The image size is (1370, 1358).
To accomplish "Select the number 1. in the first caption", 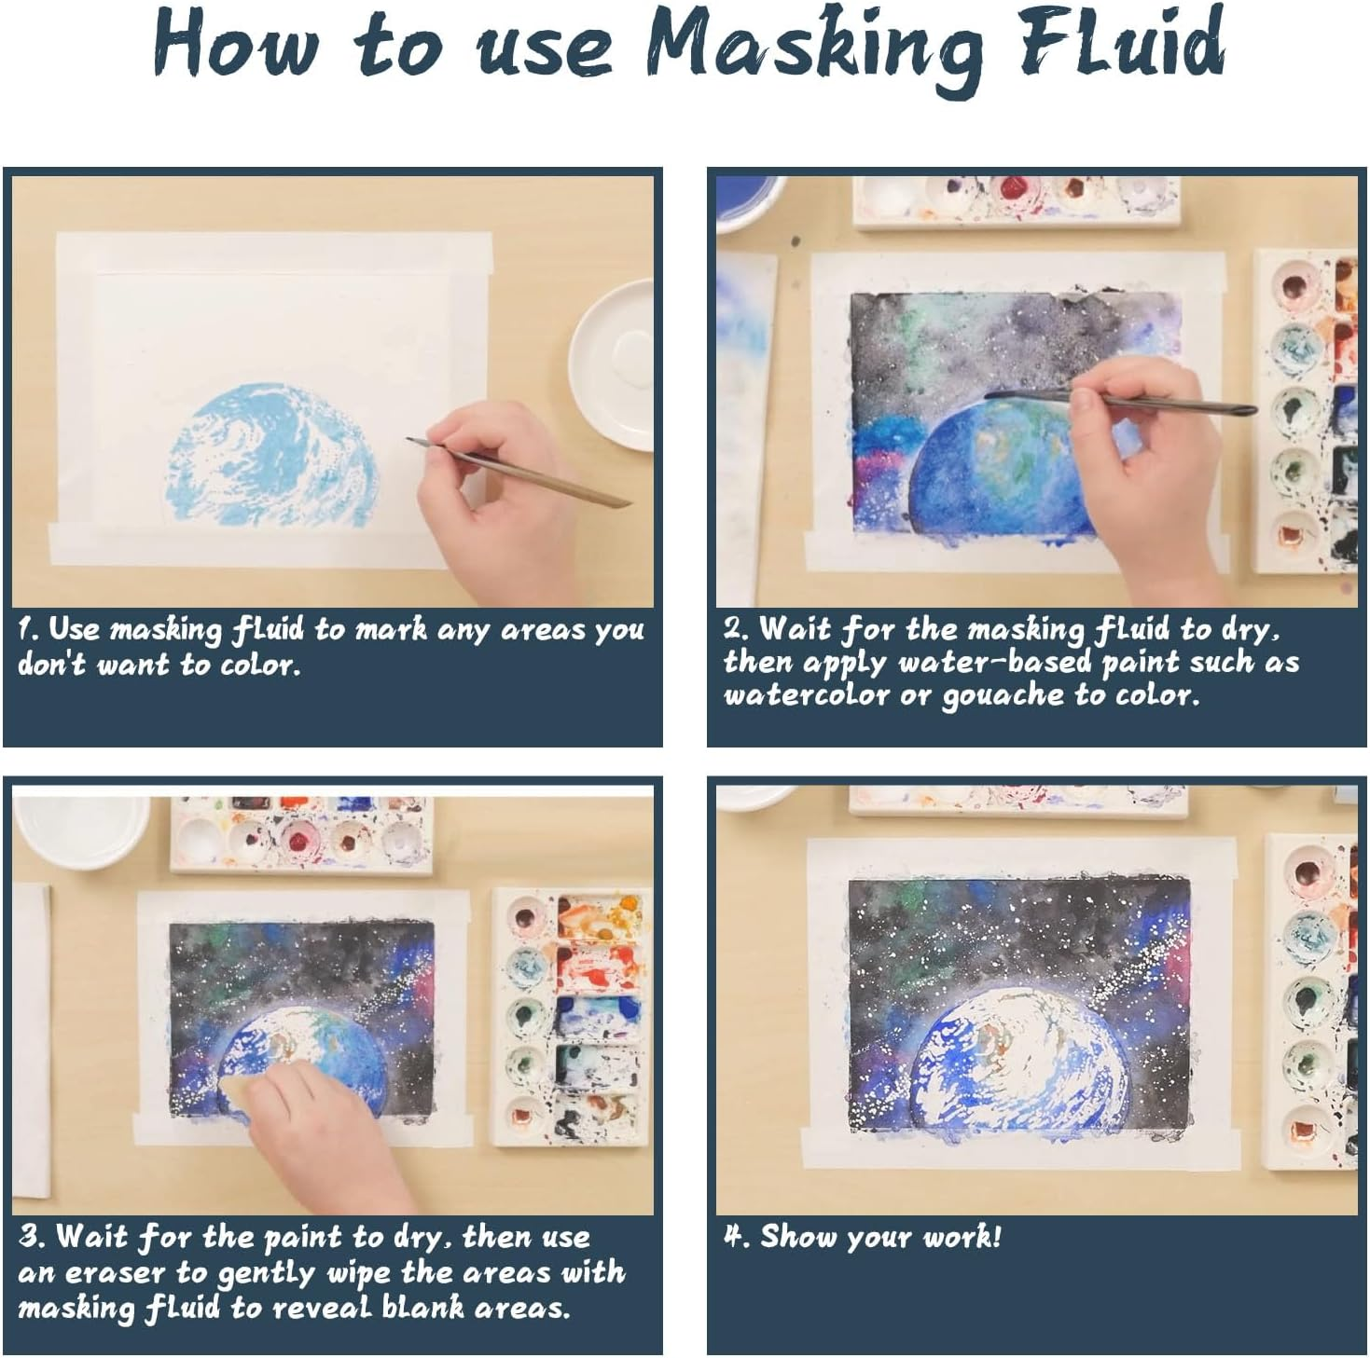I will (28, 630).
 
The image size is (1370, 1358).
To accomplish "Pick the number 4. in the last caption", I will (737, 1237).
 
